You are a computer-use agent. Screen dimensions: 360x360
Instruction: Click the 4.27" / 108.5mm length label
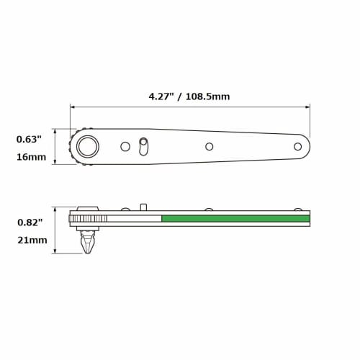point(189,96)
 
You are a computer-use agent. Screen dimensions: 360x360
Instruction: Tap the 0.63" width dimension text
point(30,140)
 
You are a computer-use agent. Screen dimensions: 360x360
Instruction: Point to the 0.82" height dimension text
point(30,223)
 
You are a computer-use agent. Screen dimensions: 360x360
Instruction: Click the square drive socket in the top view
point(89,146)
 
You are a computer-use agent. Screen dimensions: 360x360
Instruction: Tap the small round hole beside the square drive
point(125,146)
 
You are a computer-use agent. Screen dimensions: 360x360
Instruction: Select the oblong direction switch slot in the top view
point(143,147)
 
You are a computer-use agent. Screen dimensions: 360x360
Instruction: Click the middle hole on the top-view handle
point(210,146)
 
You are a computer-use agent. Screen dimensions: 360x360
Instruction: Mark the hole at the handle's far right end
point(297,146)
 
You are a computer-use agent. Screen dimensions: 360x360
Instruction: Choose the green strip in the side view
point(235,218)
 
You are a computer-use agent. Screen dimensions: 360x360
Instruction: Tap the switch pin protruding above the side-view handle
point(143,207)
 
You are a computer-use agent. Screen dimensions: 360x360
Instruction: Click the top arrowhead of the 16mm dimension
point(55,131)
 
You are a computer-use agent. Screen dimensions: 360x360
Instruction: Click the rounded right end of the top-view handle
point(307,146)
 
